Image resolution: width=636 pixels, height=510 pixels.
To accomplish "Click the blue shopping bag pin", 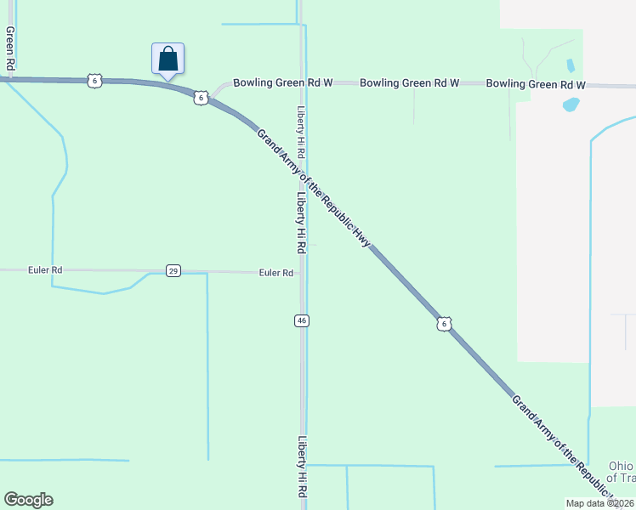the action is pos(168,59).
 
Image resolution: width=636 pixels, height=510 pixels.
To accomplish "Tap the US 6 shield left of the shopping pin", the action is pos(94,81).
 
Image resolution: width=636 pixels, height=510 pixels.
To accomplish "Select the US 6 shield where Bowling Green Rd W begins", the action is pos(200,98).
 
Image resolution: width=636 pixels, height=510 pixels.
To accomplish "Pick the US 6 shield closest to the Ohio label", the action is pos(443,324).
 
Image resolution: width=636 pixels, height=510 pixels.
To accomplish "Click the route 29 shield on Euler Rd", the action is pos(173,271).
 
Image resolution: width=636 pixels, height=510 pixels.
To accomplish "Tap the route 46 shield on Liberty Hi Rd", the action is pos(302,320).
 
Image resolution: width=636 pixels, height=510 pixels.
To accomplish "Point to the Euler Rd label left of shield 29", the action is pos(45,270).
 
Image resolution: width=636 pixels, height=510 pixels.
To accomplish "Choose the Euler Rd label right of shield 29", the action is pos(276,273).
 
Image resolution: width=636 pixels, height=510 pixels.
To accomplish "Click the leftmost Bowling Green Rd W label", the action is pos(282,83).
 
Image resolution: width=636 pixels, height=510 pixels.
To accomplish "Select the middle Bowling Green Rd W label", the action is pos(409,83).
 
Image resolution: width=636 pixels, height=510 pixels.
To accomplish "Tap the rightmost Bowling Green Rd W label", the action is pos(536,84).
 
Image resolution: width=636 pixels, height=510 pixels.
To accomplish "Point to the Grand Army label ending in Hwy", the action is pos(312,186).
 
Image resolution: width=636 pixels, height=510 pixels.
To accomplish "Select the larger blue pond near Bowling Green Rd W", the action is pos(571,105).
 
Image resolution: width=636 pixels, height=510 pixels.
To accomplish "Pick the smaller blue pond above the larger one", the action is pos(570,65).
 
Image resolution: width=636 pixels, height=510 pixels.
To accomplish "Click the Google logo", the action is pos(28,500).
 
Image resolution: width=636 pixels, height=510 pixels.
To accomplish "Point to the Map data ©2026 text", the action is pos(600,503).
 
